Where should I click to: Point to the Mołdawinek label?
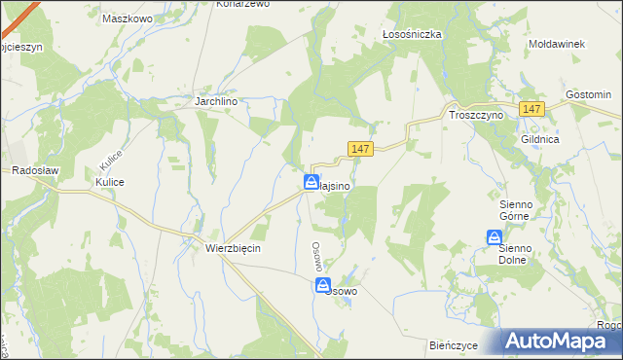click(x=555, y=44)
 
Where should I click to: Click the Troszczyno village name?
click(x=475, y=114)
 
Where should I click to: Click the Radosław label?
click(x=36, y=169)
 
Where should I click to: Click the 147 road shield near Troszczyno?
click(x=531, y=110)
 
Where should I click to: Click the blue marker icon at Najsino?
click(x=311, y=182)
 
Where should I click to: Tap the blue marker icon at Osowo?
click(x=322, y=284)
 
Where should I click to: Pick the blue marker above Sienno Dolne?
click(x=495, y=236)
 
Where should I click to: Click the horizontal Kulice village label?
click(x=109, y=182)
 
